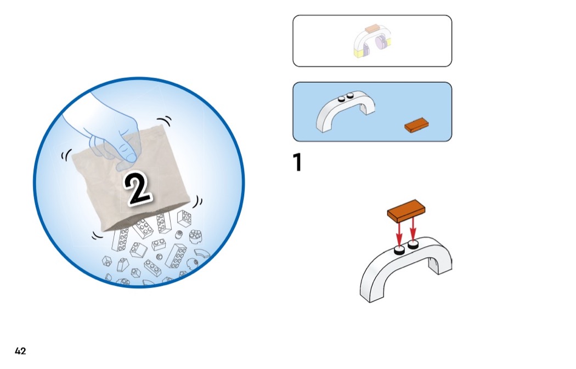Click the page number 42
point(20,351)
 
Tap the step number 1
point(297,162)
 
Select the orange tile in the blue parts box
point(416,125)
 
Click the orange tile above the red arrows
point(406,211)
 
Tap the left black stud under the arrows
point(399,251)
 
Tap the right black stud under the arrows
point(413,244)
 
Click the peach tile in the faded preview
point(372,29)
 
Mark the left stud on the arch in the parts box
point(341,98)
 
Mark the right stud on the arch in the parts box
point(350,95)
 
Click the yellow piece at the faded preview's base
point(358,54)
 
